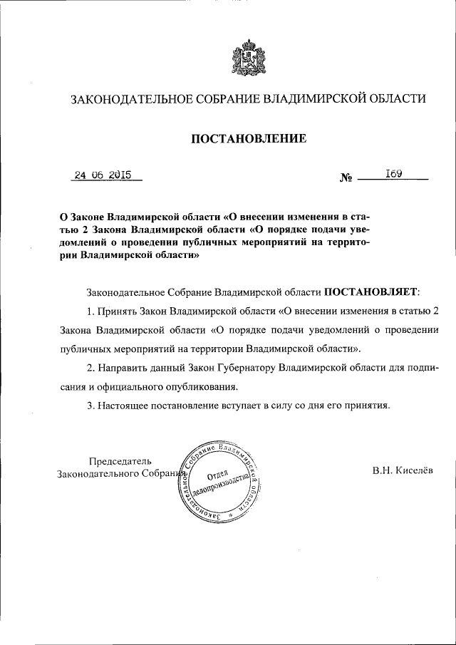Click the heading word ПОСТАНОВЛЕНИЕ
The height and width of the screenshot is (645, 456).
click(x=247, y=138)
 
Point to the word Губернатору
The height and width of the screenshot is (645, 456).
click(x=241, y=368)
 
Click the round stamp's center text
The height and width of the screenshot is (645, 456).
click(x=222, y=480)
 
